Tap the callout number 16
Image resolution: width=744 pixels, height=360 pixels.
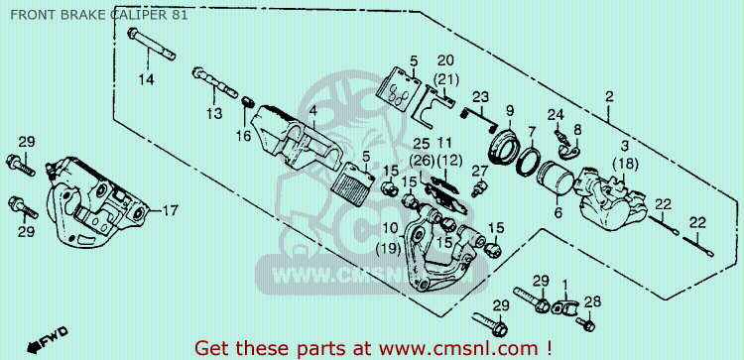pyautogui.click(x=243, y=137)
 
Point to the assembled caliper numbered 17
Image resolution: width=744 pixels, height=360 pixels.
pyautogui.click(x=96, y=203)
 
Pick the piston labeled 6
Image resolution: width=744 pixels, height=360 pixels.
pyautogui.click(x=556, y=178)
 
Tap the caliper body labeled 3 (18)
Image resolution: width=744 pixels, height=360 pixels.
pyautogui.click(x=611, y=199)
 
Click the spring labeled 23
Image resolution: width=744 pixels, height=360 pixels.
pyautogui.click(x=478, y=118)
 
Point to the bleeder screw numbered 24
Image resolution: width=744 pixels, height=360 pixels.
pyautogui.click(x=560, y=136)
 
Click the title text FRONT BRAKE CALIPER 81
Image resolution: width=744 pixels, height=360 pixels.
pyautogui.click(x=98, y=15)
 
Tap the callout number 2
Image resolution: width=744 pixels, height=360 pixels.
pyautogui.click(x=609, y=97)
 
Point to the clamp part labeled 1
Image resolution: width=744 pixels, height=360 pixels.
pyautogui.click(x=563, y=305)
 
